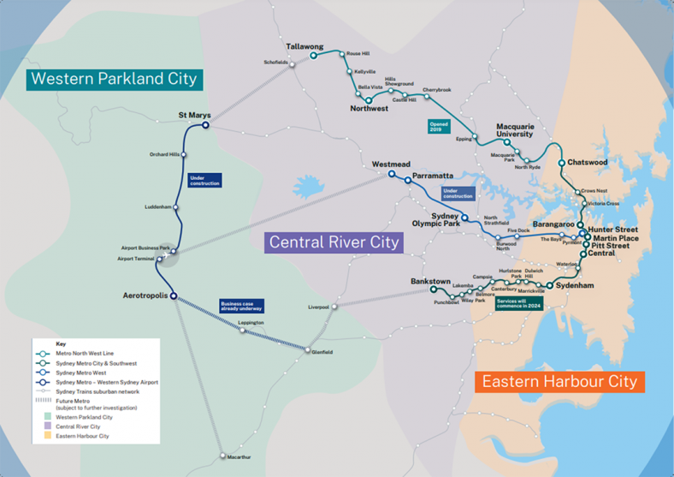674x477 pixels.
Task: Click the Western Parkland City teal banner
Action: (x=114, y=80)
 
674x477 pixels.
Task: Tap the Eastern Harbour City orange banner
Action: (x=559, y=381)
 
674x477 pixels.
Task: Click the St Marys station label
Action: (x=193, y=114)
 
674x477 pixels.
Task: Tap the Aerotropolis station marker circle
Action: (x=174, y=296)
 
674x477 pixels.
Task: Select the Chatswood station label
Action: (x=589, y=162)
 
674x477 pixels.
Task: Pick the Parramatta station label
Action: (x=433, y=176)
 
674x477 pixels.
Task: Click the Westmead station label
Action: (x=391, y=164)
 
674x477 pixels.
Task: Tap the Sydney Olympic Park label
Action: (x=435, y=220)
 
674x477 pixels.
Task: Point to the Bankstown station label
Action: (x=430, y=281)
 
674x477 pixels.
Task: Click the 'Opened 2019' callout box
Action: (x=439, y=127)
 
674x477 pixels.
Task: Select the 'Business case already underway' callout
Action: (x=240, y=306)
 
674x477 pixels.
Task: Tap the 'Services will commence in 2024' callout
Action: (x=518, y=304)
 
